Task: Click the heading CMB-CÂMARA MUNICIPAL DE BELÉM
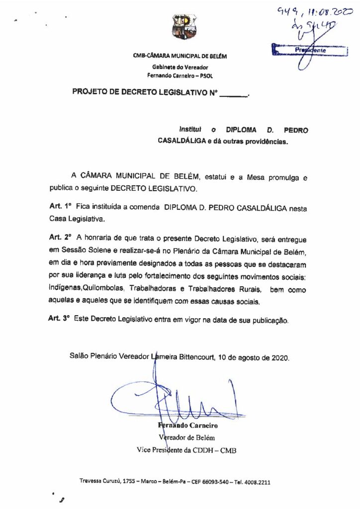180,56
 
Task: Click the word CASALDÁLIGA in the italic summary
182,141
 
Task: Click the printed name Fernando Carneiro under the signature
188,426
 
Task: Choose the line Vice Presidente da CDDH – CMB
186,450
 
